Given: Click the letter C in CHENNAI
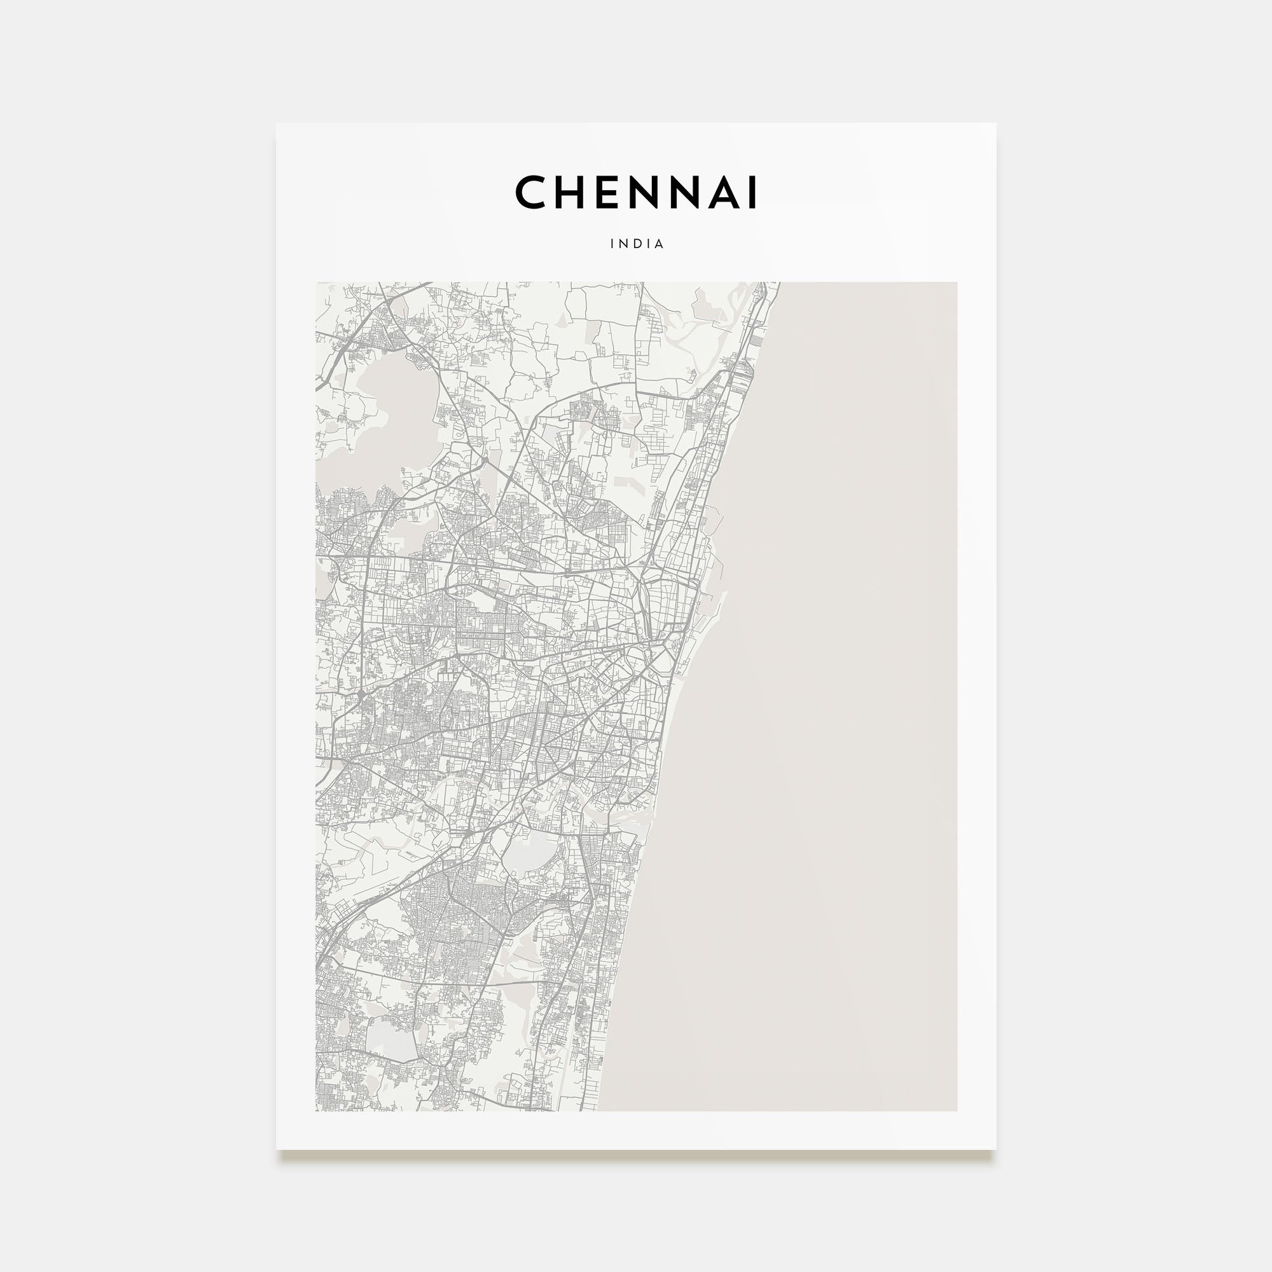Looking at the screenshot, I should click(x=531, y=192).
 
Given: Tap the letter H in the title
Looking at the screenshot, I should click(x=572, y=192).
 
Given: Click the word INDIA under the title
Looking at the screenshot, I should click(x=637, y=244).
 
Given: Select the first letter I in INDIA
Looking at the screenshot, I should click(x=612, y=244).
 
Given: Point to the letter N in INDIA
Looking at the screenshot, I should click(x=622, y=244).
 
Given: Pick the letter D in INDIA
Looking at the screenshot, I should click(x=636, y=244).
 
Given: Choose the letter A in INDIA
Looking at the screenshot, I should click(x=659, y=244).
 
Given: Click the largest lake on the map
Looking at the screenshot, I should click(x=389, y=408).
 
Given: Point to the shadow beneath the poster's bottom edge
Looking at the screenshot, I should click(x=636, y=1153).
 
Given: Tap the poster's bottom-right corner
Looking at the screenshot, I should click(x=995, y=1148).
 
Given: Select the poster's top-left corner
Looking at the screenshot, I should click(x=277, y=124).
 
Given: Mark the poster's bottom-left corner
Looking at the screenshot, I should click(x=277, y=1148).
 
